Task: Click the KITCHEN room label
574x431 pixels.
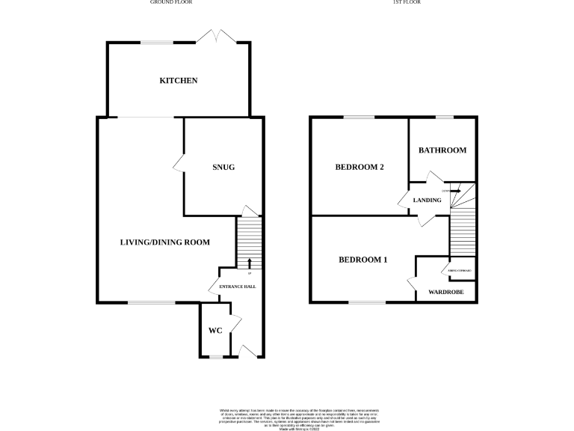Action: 178,80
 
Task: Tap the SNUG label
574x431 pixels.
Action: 223,167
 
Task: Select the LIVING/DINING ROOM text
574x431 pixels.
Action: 165,242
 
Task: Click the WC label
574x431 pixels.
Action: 215,331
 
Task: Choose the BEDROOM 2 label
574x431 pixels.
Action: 359,167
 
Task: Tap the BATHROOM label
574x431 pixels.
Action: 442,150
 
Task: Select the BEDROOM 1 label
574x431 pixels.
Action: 363,260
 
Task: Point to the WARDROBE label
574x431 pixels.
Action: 445,292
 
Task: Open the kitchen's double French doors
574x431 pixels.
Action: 216,36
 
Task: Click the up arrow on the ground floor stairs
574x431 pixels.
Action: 249,263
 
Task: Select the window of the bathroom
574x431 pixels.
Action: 445,117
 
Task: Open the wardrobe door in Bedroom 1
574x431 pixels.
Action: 411,284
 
